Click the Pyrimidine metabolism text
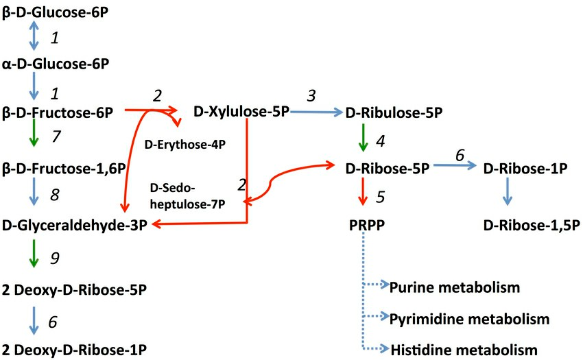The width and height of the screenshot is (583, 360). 470,318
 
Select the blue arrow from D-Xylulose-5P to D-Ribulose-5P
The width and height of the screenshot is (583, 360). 316,112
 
